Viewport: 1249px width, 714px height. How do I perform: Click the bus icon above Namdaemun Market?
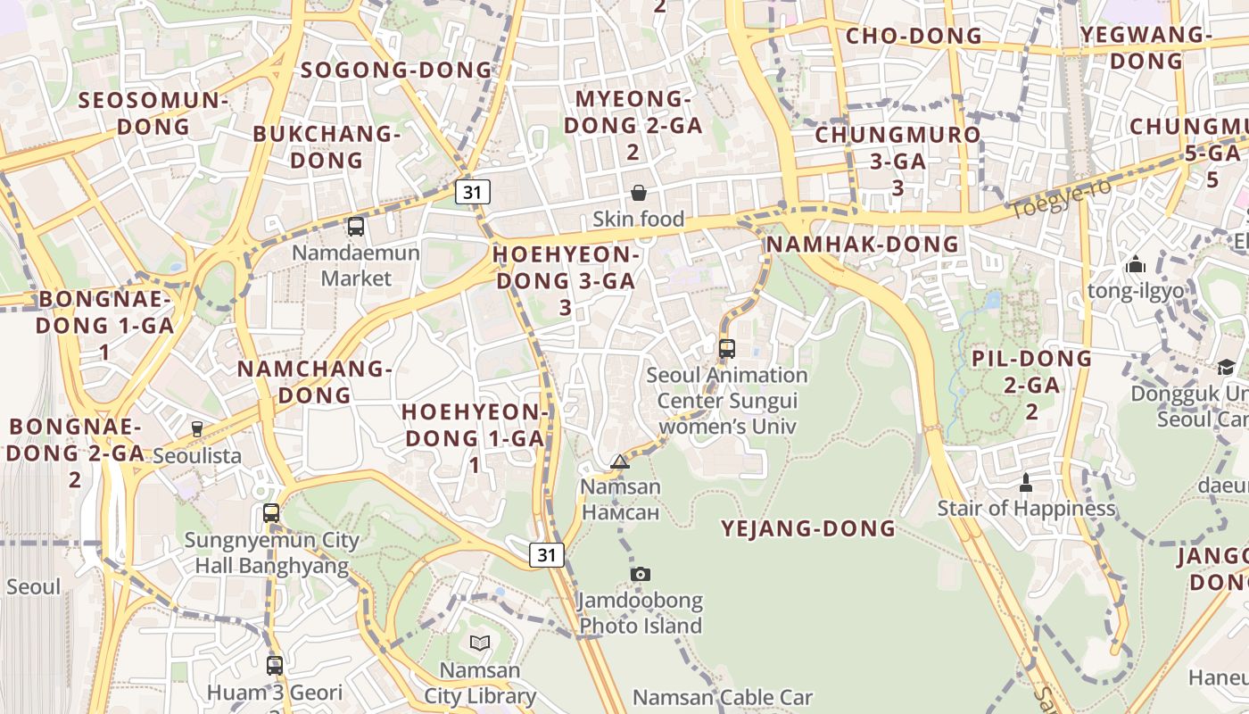356,227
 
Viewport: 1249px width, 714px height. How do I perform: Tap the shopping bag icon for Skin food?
639,193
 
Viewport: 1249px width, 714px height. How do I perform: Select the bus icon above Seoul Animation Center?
727,349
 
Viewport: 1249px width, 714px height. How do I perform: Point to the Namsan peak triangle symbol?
620,461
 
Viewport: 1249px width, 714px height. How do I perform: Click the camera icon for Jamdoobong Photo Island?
640,574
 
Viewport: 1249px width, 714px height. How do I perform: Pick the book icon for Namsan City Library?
480,643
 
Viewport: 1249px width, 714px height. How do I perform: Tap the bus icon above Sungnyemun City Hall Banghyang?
271,513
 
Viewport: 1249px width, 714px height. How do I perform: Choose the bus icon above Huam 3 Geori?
275,665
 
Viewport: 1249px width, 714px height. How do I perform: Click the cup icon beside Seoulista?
197,429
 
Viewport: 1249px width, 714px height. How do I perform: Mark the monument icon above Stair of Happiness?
1026,483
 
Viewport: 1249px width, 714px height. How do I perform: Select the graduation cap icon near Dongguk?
1227,368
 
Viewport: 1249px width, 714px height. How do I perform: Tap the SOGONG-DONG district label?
396,70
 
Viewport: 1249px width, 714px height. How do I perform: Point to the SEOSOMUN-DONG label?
153,112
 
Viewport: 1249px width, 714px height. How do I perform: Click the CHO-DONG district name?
914,36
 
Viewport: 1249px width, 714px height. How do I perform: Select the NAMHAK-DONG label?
862,244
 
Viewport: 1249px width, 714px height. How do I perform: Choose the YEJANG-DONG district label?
808,528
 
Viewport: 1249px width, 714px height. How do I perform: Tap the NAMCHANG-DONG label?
315,381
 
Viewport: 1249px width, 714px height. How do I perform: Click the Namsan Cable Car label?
723,697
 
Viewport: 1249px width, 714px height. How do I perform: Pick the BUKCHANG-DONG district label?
327,146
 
